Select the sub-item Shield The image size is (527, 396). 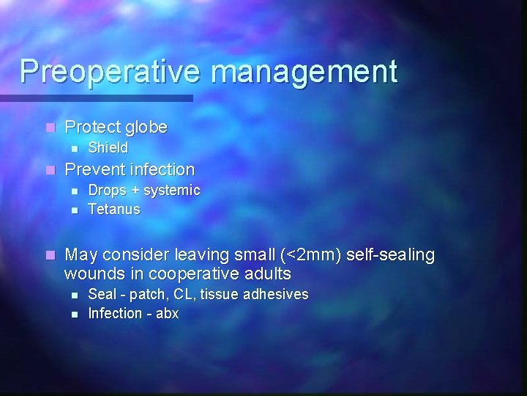108,147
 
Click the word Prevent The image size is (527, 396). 95,169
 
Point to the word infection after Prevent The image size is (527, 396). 162,169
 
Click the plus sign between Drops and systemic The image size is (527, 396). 135,191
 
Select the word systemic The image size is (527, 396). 172,191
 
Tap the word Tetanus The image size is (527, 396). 113,209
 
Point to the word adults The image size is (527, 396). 266,274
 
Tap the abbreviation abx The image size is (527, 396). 166,313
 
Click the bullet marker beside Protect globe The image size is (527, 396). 49,128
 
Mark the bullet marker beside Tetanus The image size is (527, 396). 74,210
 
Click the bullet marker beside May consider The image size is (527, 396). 49,255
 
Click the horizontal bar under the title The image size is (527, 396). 95,98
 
